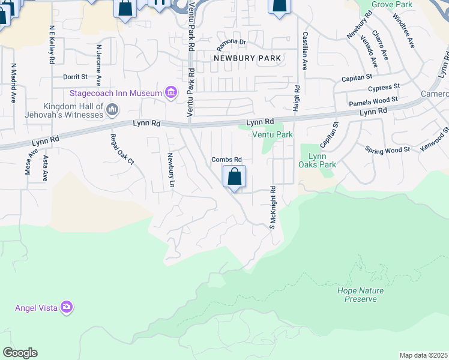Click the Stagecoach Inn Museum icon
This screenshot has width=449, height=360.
171,93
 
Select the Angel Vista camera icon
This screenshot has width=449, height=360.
66,307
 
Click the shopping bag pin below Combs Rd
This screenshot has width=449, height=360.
234,178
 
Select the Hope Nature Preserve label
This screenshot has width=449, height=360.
360,295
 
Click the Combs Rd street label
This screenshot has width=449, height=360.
226,159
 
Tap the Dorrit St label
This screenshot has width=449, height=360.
75,77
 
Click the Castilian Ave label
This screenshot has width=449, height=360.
305,51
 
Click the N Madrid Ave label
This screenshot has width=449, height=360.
13,83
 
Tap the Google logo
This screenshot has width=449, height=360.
20,353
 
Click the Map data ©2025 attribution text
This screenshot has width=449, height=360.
423,355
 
